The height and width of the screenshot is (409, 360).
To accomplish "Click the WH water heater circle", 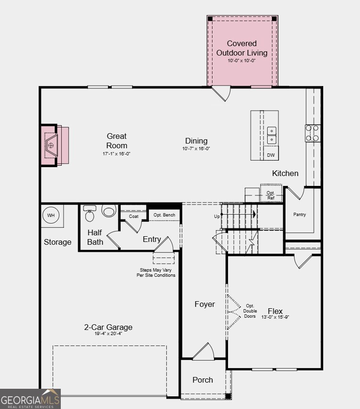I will (x=51, y=216).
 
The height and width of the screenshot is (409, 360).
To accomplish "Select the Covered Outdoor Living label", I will (x=242, y=48).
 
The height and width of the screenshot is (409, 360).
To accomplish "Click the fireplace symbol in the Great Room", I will (x=51, y=145).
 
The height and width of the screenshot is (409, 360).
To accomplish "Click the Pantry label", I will (x=300, y=215).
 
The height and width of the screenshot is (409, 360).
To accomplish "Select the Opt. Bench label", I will (x=164, y=215).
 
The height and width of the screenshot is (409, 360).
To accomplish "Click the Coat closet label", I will (x=133, y=217).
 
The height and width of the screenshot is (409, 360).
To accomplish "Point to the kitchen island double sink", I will (x=272, y=135).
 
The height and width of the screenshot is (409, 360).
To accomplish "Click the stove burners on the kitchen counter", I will (x=312, y=133).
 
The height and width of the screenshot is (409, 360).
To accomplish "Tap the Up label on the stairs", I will (x=217, y=217).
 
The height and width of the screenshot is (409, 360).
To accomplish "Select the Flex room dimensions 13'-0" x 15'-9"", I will (x=275, y=317).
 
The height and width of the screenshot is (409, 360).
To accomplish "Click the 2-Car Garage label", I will (x=108, y=327).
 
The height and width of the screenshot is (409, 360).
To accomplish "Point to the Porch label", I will (x=203, y=380).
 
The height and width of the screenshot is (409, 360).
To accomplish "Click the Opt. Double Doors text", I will (x=250, y=311).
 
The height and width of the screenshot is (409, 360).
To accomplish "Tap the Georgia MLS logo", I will (x=30, y=399).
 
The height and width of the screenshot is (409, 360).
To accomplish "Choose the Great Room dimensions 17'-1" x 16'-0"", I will (x=116, y=154).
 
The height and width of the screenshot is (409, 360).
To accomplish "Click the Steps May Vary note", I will (x=156, y=273).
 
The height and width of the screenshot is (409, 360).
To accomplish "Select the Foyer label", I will (x=205, y=305).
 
